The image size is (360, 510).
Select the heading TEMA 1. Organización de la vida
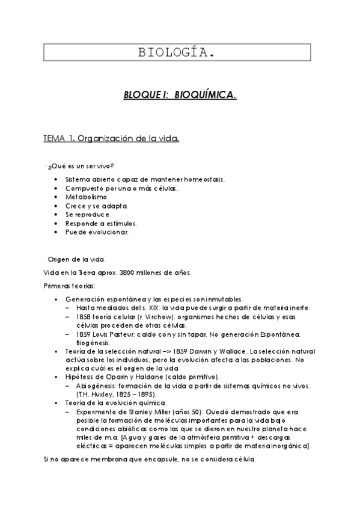pos(111,139)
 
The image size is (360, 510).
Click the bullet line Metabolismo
pos(87,197)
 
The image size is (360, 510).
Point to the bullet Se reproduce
pos(88,214)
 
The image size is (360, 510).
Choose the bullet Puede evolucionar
pos(97,232)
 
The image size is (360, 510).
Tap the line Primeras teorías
pos(69,286)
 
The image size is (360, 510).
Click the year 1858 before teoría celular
pos(84,316)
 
